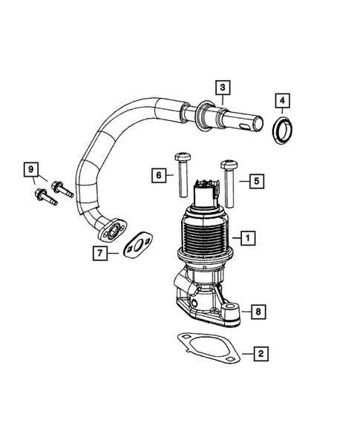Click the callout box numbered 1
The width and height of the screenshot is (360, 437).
248,237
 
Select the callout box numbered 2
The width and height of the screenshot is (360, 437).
261,353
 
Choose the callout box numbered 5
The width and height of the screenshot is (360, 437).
254,180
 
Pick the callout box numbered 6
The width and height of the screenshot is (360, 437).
158,176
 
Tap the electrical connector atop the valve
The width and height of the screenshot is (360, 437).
203,194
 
